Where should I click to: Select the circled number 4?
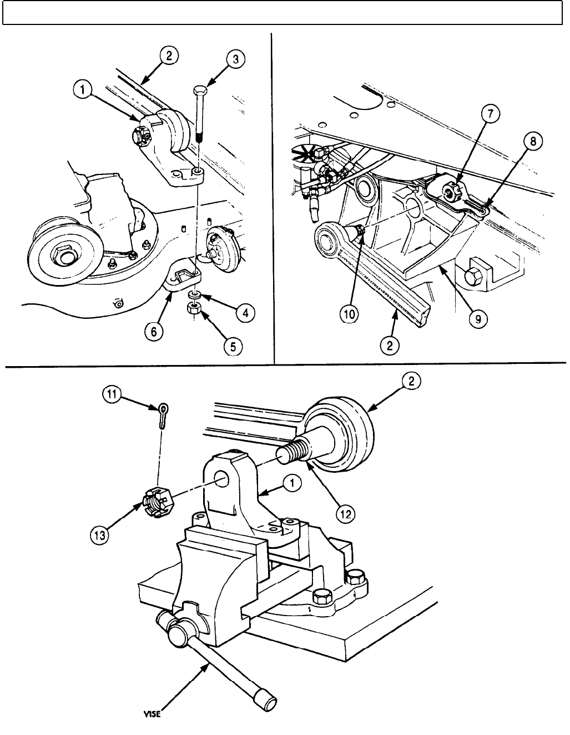(245, 313)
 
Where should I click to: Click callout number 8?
(532, 142)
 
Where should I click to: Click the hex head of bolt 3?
(200, 91)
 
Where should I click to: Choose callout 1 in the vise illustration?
(291, 484)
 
